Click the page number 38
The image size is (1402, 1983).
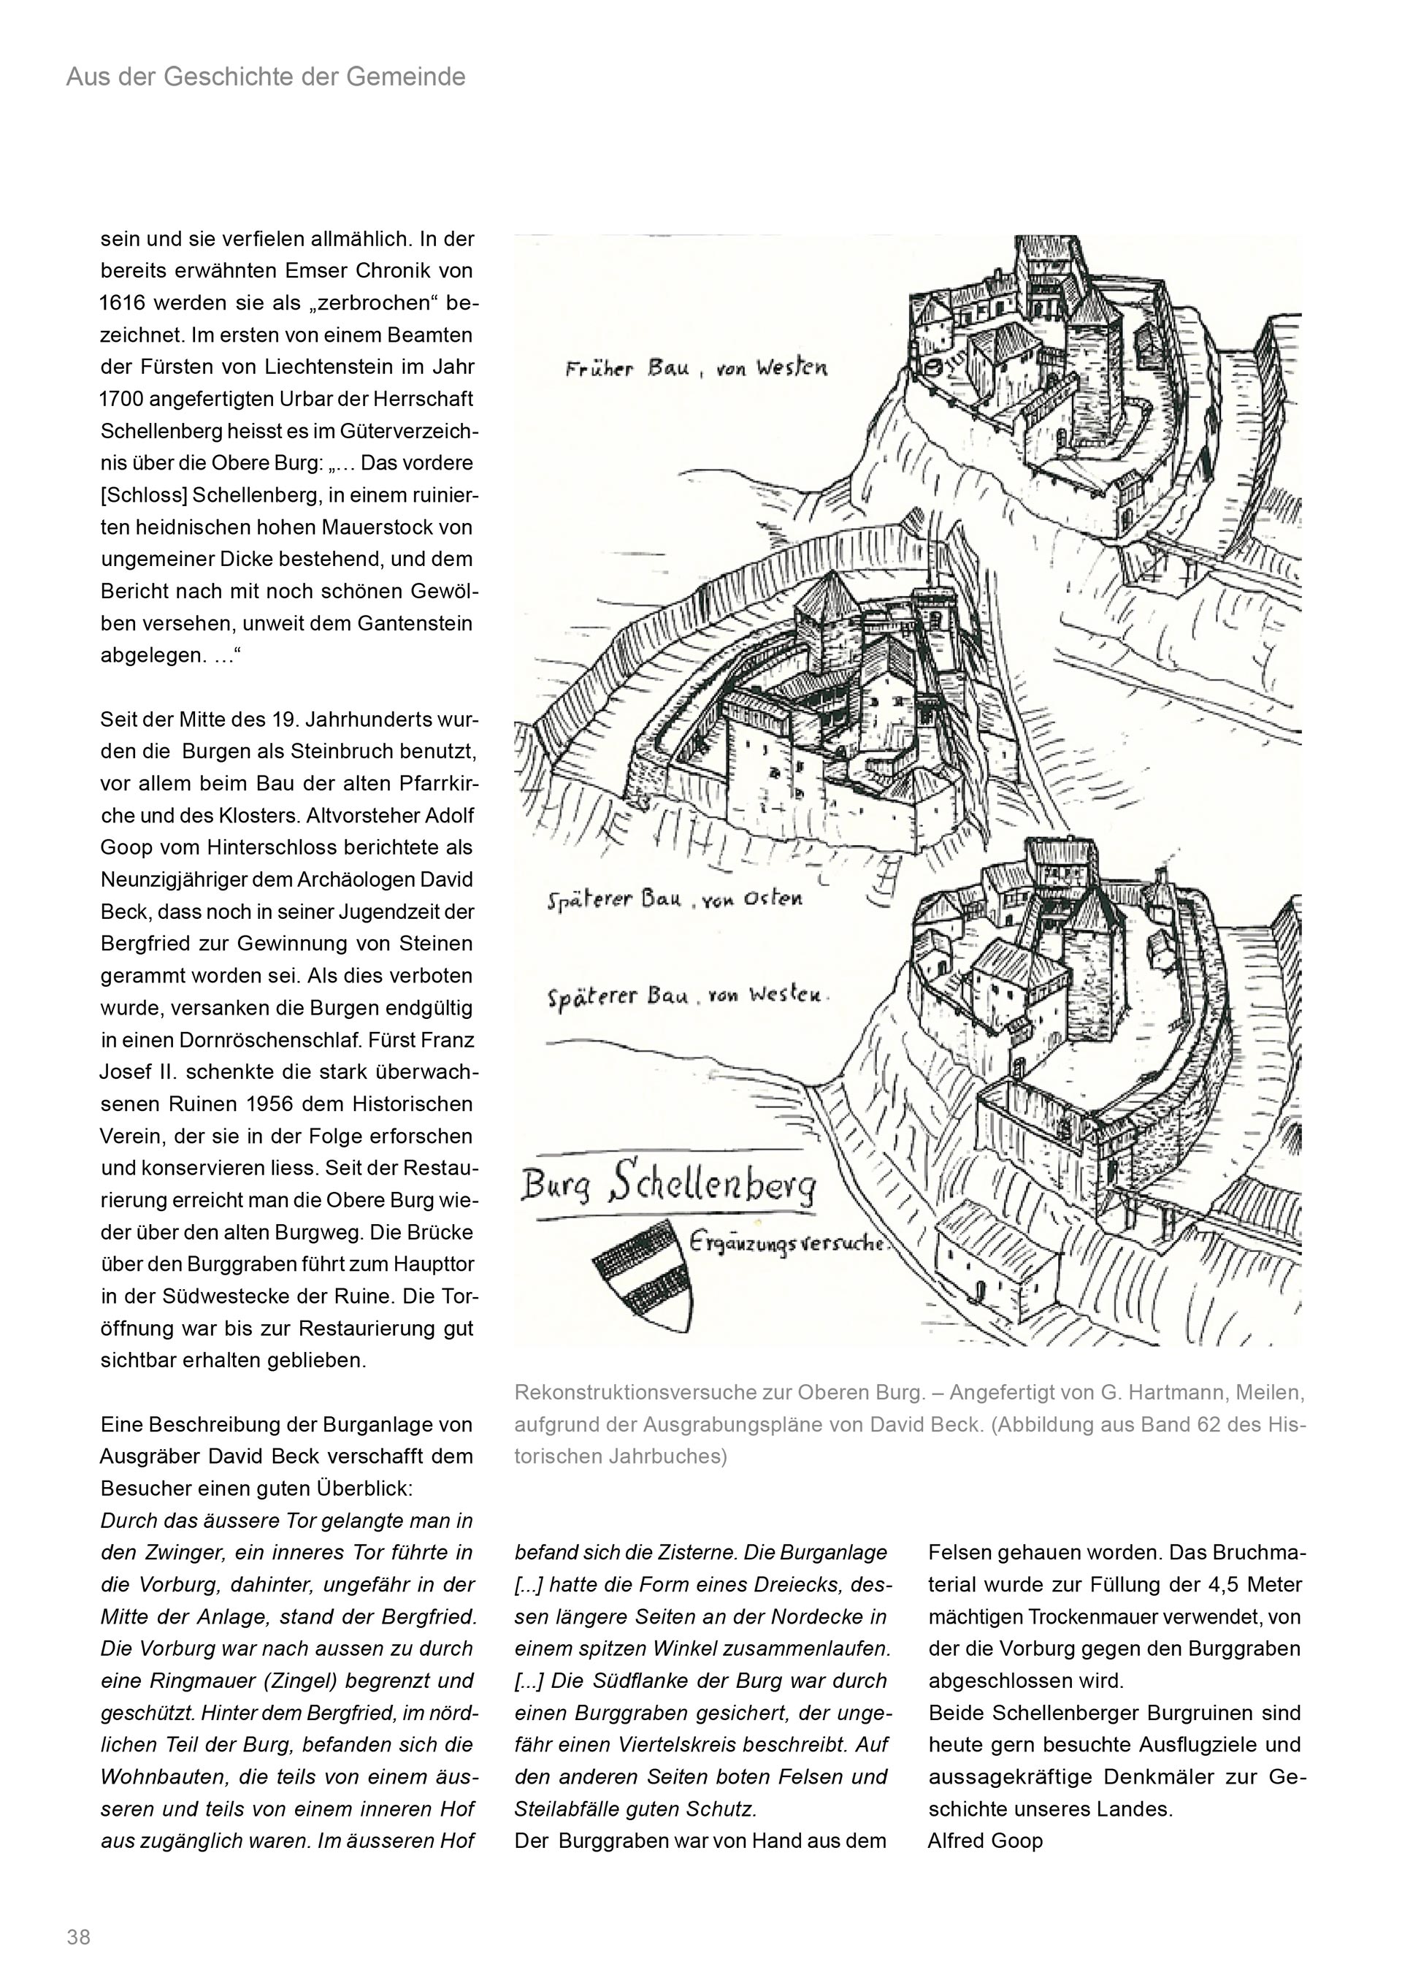point(79,1936)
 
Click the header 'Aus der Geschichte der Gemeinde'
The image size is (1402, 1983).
point(266,77)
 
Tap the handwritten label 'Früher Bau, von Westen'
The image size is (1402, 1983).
point(696,370)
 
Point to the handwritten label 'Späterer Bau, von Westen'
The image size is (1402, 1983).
point(687,997)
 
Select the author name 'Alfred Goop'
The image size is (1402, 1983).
point(985,1841)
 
